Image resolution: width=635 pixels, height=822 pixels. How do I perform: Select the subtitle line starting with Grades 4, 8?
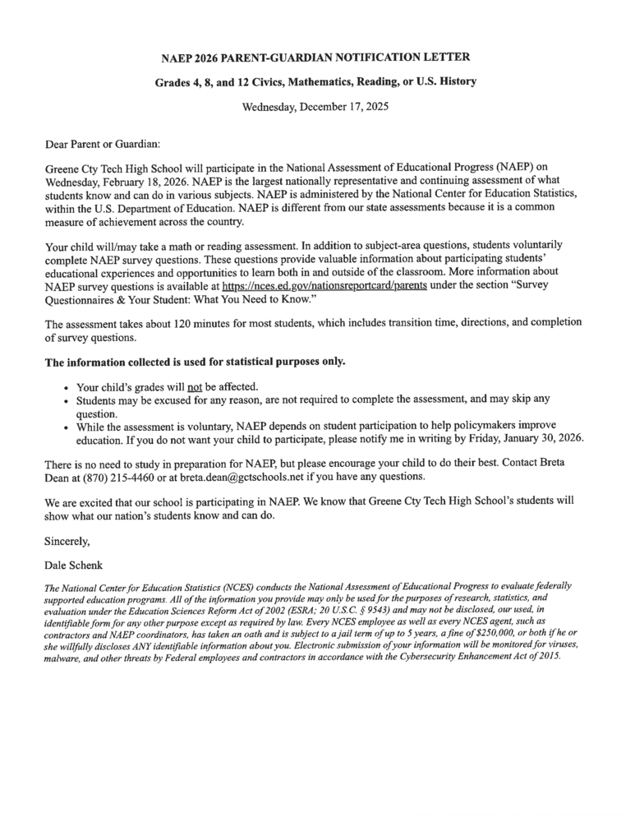316,82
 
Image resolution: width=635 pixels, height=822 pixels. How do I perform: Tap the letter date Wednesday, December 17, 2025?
316,107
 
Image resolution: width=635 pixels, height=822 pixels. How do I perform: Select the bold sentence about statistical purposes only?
196,362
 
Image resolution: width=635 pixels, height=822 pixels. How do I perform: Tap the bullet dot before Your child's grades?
66,388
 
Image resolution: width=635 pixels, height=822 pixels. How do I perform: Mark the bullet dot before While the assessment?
66,427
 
